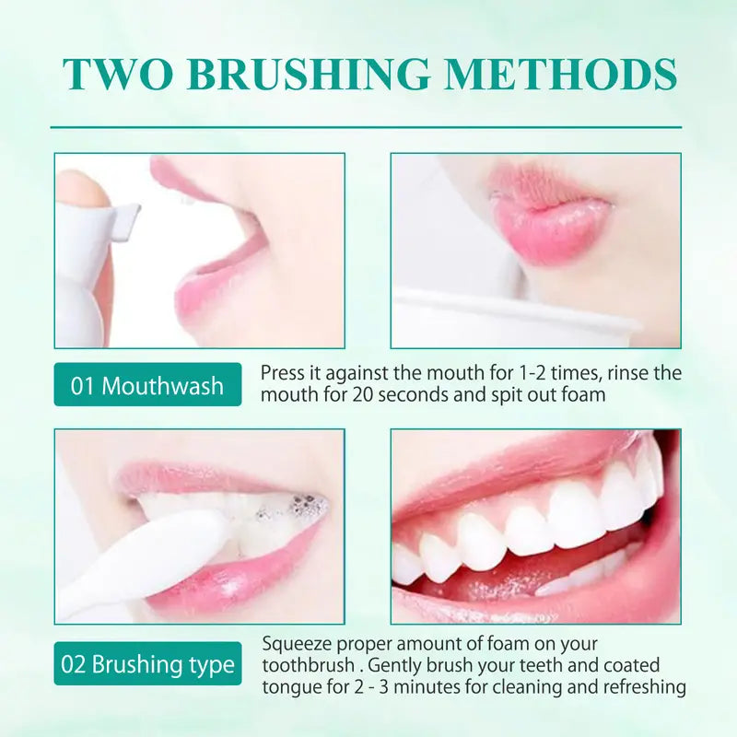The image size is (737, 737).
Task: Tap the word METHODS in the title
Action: coord(572,75)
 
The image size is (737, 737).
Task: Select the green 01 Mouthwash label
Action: coord(147,385)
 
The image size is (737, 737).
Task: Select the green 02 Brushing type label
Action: coord(147,664)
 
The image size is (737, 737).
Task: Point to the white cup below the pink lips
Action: coord(516,318)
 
